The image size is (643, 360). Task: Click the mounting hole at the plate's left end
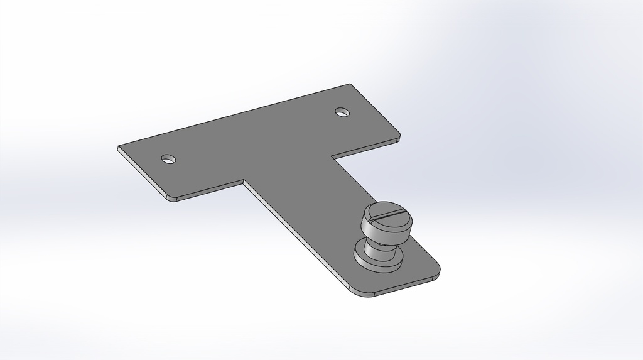coord(168,159)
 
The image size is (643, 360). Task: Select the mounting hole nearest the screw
coord(342,112)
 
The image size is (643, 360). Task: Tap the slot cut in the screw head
coord(387,214)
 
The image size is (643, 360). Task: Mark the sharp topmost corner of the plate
coord(349,84)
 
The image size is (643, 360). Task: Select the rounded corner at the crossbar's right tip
coord(398,138)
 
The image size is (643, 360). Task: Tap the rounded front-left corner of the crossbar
coord(170,198)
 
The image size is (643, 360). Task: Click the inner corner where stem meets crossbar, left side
coord(244,182)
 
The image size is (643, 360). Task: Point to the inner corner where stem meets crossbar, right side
coord(332,155)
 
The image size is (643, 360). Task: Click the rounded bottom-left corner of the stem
coord(356,292)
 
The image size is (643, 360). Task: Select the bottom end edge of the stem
coord(402,286)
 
